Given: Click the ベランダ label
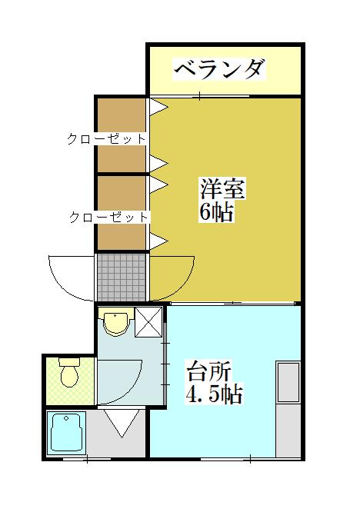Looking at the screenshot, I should pos(220,70).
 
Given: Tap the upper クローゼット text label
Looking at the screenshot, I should pos(106,139).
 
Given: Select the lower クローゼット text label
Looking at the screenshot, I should pos(108,218).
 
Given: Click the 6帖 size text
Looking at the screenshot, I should pos(217,212).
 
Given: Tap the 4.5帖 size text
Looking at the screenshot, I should pos(215,397).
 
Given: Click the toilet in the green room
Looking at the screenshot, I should pos(70,374).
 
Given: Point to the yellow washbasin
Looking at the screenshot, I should pos(115,323).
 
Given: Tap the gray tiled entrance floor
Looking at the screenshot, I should pos(122,277).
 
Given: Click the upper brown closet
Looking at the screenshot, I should pos(121,135).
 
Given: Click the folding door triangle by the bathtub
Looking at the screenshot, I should pos(121,424).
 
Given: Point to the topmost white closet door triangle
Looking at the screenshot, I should pos(158,105).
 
